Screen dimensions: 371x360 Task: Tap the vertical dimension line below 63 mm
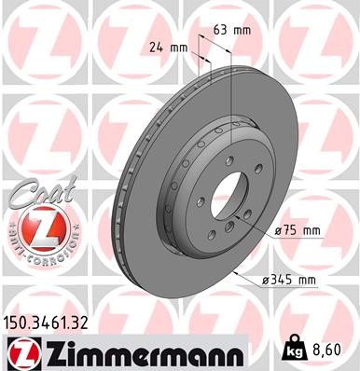(229, 93)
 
